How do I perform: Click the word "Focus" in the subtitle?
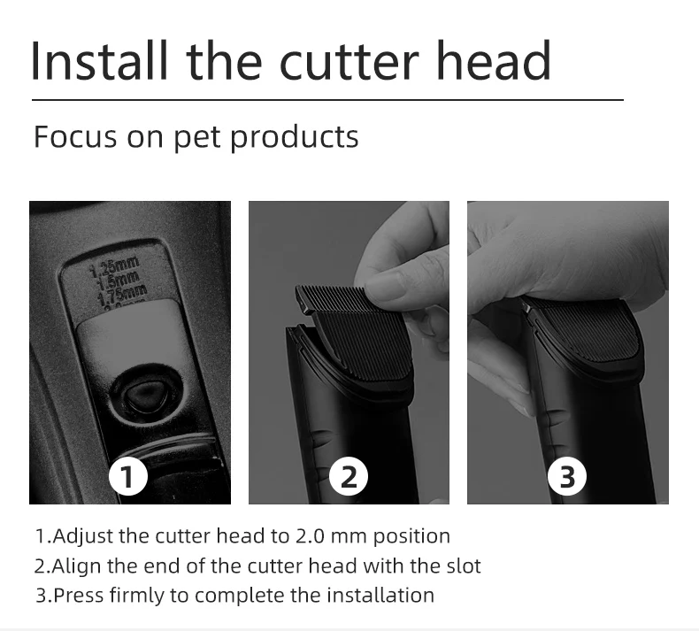(x=70, y=137)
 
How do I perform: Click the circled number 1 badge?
(x=129, y=477)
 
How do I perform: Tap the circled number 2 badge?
(x=349, y=477)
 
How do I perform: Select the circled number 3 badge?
(x=567, y=477)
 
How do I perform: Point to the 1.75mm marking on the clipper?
(x=124, y=289)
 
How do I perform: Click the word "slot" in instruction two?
(x=463, y=566)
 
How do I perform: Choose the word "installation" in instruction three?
(x=381, y=595)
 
